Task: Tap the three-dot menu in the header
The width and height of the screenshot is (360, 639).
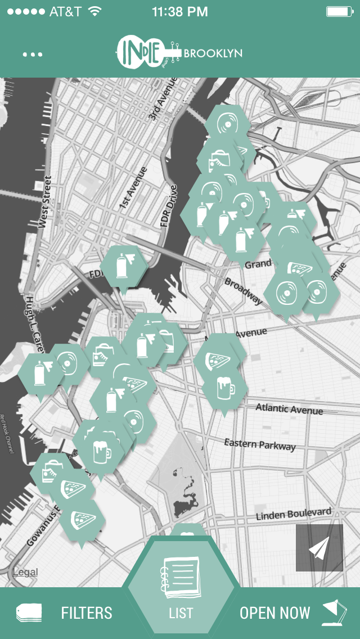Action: [33, 55]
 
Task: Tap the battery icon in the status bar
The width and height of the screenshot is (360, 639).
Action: [339, 11]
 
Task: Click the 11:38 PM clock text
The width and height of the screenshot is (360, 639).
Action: [179, 11]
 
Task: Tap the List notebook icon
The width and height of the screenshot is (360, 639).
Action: [180, 576]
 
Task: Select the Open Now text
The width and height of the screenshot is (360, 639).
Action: [274, 613]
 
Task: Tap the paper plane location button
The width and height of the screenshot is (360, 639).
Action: [319, 548]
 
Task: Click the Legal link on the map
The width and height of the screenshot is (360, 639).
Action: [25, 572]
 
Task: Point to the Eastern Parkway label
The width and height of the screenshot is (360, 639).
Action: [259, 444]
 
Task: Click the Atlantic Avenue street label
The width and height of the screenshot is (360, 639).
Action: [289, 408]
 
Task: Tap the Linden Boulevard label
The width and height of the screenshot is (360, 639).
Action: [293, 514]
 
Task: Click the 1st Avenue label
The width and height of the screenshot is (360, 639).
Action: [133, 188]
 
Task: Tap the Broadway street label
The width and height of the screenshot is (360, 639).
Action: [243, 290]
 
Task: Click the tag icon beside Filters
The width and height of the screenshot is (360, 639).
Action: [30, 613]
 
